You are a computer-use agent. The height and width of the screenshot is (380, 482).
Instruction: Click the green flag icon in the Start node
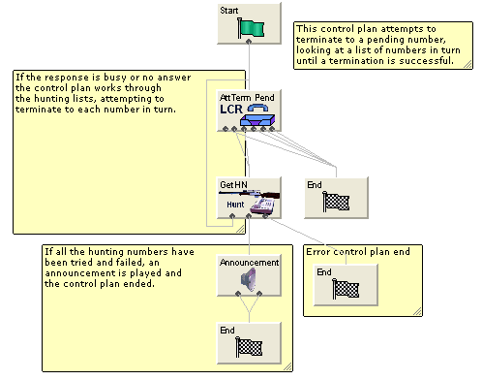point(251,28)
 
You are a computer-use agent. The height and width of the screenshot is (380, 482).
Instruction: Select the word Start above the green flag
point(229,10)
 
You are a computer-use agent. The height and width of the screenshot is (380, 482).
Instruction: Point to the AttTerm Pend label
point(246,98)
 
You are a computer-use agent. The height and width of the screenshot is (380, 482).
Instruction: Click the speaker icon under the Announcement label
point(249,280)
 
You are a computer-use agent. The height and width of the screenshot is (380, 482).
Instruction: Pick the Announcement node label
point(249,262)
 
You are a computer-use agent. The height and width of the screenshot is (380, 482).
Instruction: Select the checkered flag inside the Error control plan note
point(346,289)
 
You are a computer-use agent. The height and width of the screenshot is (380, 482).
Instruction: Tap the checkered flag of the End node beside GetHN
point(337,202)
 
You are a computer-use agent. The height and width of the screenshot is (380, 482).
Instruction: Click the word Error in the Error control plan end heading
point(319,251)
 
